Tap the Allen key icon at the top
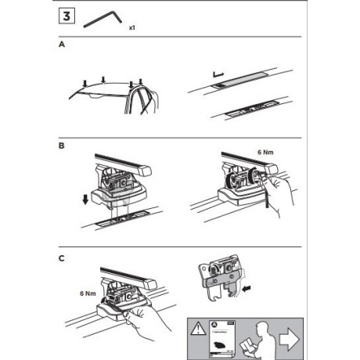(x=106, y=18)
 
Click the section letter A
(x=62, y=46)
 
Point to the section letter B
(x=62, y=146)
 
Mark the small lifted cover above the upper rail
(x=218, y=77)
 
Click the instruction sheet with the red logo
(x=221, y=337)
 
